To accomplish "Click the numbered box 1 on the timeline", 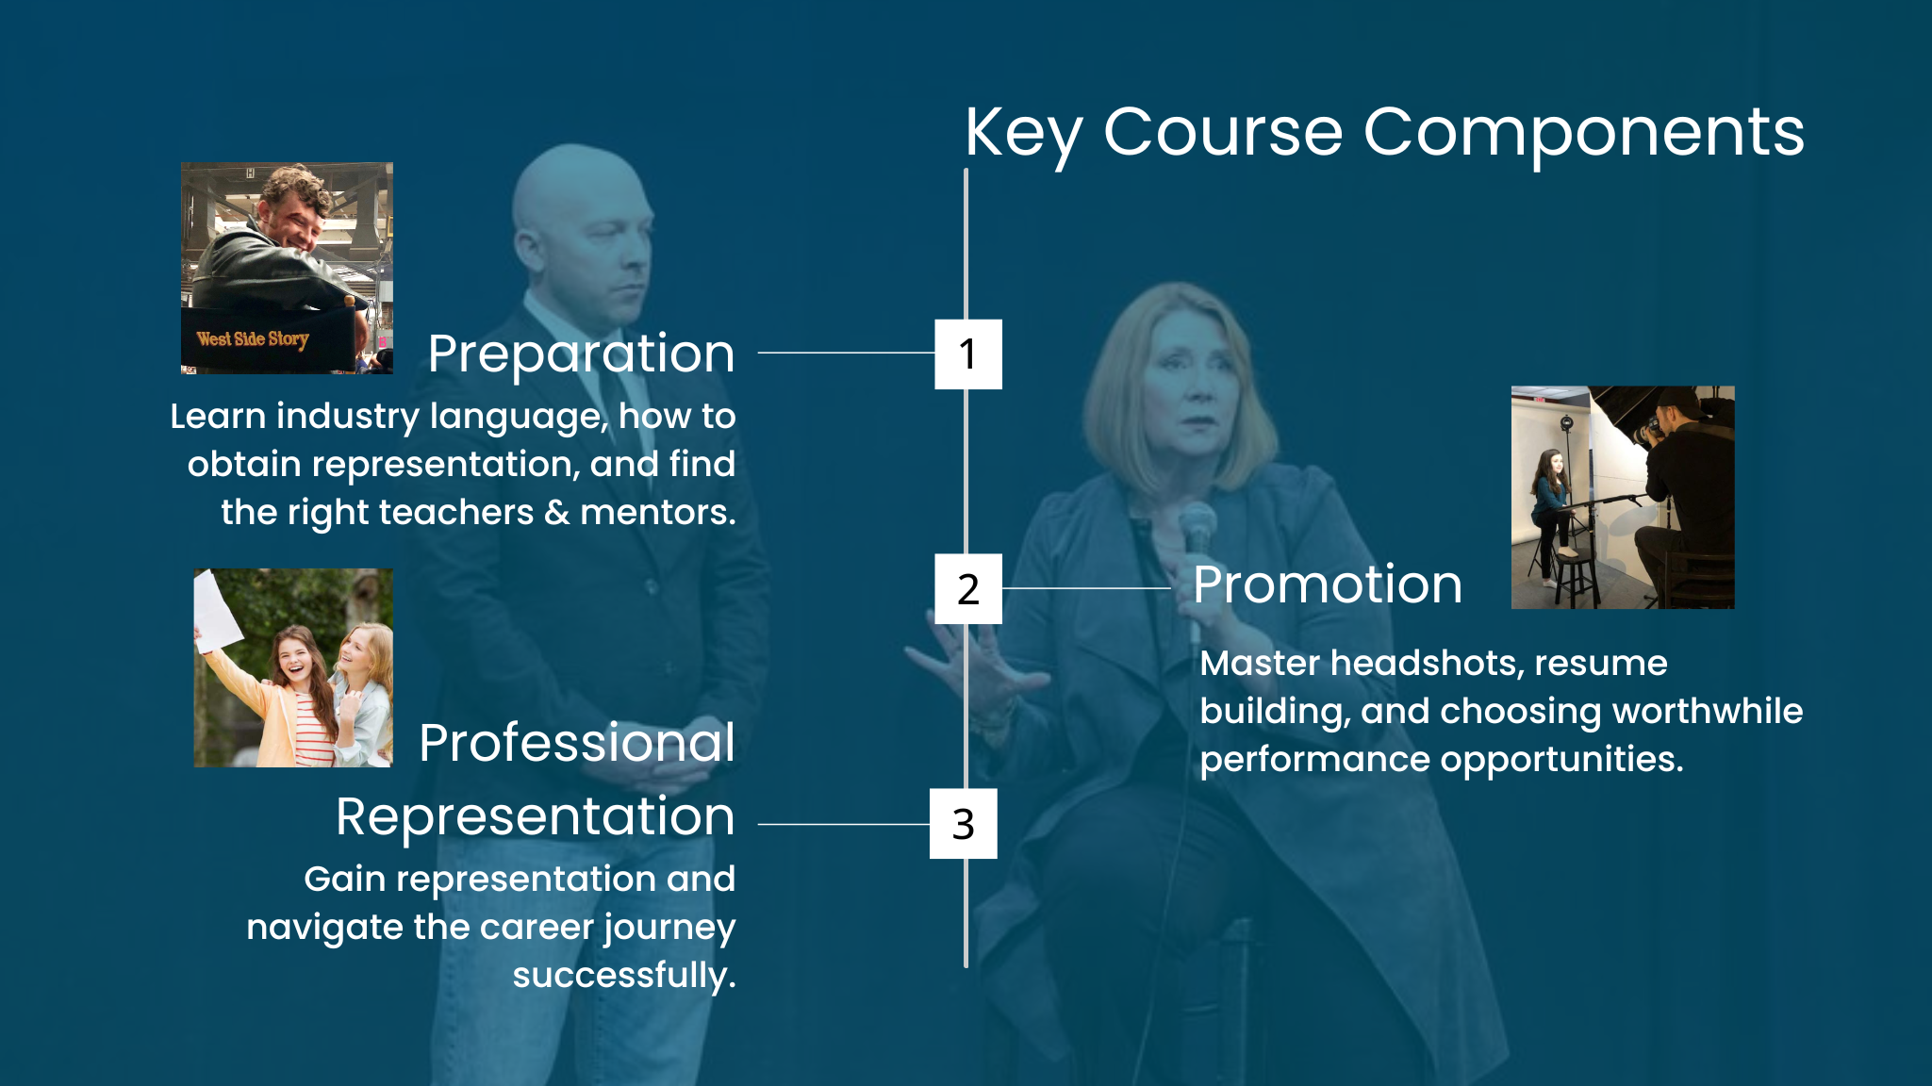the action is (968, 354).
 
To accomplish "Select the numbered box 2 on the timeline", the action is (968, 589).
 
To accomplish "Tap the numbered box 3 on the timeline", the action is (964, 824).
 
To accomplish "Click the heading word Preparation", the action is (581, 355).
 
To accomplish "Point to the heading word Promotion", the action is (1328, 584).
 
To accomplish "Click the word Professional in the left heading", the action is (577, 743).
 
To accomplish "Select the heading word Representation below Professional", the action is (536, 817).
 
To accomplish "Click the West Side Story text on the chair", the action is (253, 338).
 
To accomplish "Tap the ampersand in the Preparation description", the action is (557, 513).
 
